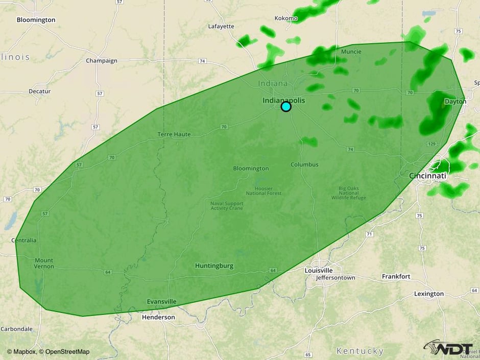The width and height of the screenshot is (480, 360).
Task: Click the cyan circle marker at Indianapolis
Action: [286, 106]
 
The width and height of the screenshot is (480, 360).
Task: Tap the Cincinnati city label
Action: [427, 176]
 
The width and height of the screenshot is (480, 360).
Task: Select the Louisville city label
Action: [319, 270]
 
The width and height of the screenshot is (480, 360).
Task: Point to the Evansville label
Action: [161, 301]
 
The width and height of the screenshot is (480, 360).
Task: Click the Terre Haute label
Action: [174, 134]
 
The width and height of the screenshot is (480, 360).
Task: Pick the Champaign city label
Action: [101, 61]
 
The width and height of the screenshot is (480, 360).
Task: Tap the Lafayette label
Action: [221, 26]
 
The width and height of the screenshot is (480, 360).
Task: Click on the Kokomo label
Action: [285, 18]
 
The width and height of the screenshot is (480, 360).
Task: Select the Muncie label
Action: [351, 52]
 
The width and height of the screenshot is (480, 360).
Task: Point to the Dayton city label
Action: [455, 102]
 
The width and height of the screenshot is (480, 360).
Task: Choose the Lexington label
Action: [429, 294]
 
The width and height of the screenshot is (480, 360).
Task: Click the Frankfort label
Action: [396, 276]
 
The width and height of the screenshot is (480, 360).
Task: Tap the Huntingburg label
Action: [214, 266]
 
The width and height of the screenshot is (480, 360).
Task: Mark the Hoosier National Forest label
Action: [263, 190]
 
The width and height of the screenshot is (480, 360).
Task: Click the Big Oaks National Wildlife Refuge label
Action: [352, 193]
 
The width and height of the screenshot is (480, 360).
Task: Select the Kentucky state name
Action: [359, 351]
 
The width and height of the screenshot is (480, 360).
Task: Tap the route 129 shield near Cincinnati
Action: [431, 145]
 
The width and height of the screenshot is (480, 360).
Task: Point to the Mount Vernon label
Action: [44, 263]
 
